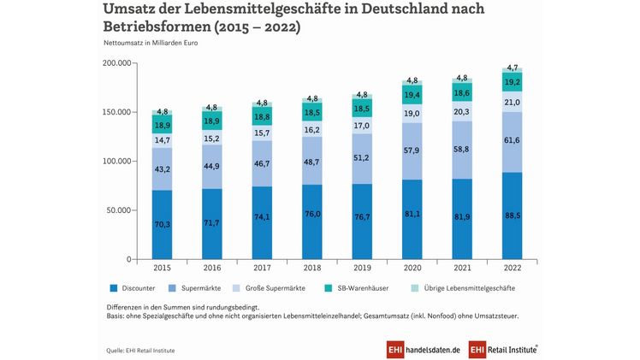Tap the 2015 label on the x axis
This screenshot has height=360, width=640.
click(162, 266)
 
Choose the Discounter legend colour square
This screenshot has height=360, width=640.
click(115, 287)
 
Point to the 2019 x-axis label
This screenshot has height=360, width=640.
click(363, 266)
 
